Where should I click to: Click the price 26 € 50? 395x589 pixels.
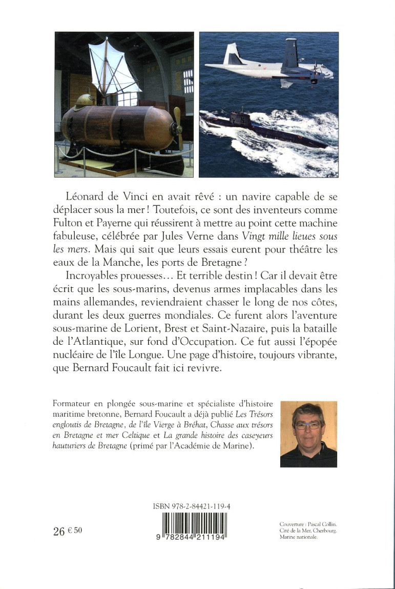(x=67, y=532)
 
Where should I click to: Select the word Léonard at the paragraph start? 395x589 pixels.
(x=87, y=197)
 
